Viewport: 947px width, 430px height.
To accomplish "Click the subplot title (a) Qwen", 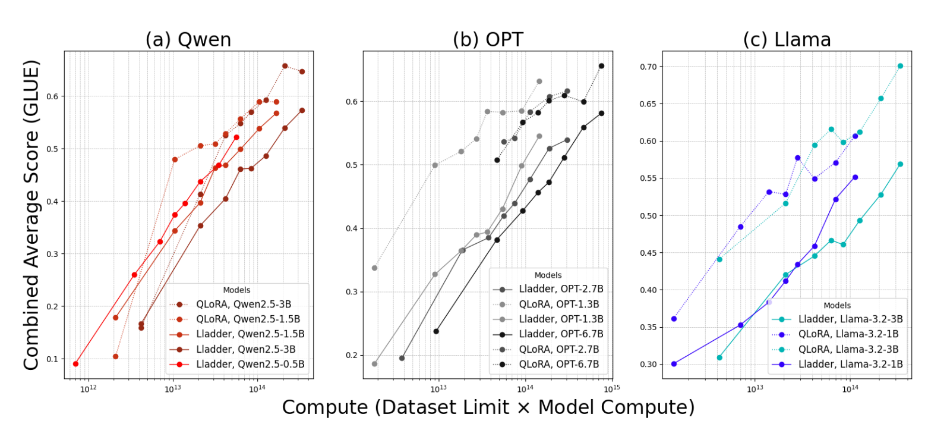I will [x=188, y=40].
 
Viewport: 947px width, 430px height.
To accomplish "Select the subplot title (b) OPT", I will [x=488, y=40].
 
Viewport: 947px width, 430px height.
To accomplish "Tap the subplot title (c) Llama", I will [x=787, y=40].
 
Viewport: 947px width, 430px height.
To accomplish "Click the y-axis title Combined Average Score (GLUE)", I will [x=31, y=215].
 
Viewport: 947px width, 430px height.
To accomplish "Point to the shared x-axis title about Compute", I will [x=488, y=407].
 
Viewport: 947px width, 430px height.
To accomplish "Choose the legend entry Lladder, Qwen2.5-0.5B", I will [x=250, y=364].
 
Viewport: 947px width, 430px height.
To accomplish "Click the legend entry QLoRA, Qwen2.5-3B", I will [x=244, y=304].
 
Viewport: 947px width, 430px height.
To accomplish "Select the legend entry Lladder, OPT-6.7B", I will [x=561, y=334].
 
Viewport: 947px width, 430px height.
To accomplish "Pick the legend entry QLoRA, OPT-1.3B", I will [x=559, y=304].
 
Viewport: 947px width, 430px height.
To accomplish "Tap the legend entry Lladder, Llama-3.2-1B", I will [x=848, y=364].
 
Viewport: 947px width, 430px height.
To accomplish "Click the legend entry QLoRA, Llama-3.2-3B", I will [x=848, y=349].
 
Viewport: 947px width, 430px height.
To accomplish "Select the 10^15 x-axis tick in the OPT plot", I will [x=611, y=388].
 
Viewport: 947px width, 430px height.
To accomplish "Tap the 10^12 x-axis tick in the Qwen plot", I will [x=89, y=389].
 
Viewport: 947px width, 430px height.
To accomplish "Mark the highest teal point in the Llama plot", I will [x=900, y=66].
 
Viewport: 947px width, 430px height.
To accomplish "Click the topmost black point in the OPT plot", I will [x=601, y=66].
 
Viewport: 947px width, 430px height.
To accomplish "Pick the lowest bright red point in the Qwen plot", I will [x=75, y=364].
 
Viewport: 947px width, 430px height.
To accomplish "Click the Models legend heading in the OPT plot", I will [x=548, y=275].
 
